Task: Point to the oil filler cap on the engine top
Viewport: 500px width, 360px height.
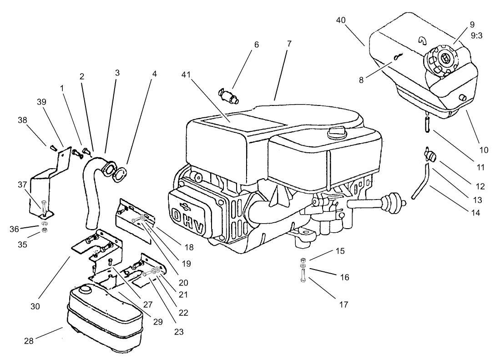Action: (336, 134)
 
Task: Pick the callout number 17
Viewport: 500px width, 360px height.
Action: (344, 305)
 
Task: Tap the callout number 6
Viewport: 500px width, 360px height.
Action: (256, 45)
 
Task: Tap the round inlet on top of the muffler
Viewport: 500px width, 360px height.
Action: (85, 290)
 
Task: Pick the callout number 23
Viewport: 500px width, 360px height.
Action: (179, 332)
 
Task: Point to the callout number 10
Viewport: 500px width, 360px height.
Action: (483, 149)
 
